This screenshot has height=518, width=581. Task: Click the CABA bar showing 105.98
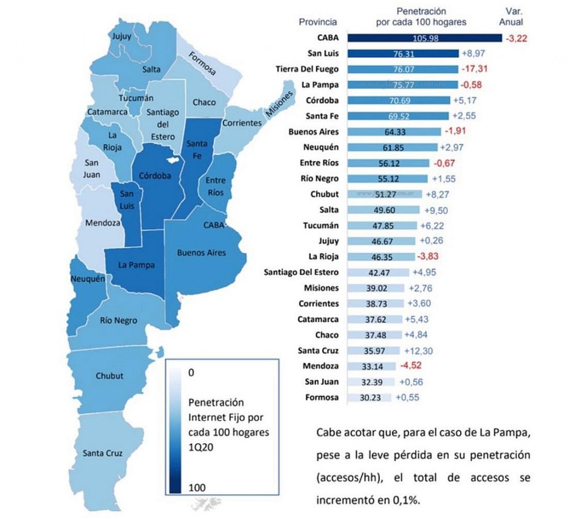[424, 39]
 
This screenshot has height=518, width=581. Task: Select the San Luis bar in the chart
[403, 54]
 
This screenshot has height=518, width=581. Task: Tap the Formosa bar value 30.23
[369, 398]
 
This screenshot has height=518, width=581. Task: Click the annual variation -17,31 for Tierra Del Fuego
[475, 69]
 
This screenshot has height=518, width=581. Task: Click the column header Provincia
[318, 22]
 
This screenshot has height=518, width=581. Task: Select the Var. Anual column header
[515, 16]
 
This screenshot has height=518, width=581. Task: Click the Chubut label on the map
[110, 376]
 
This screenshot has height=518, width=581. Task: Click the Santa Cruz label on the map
[103, 453]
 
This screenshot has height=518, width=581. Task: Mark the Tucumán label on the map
[140, 98]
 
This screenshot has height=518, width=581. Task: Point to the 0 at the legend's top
[190, 373]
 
